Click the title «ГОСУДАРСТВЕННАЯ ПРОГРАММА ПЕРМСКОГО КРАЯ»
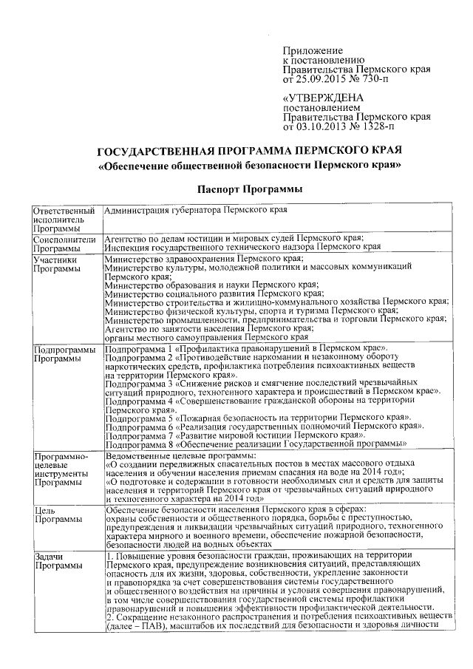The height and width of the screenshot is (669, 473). pos(250,152)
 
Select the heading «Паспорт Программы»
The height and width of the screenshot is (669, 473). pos(249,190)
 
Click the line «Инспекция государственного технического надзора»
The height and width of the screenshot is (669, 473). pos(243,248)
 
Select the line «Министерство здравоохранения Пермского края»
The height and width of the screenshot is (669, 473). pos(204,259)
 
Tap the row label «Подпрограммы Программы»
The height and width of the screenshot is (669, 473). pos(64,353)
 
